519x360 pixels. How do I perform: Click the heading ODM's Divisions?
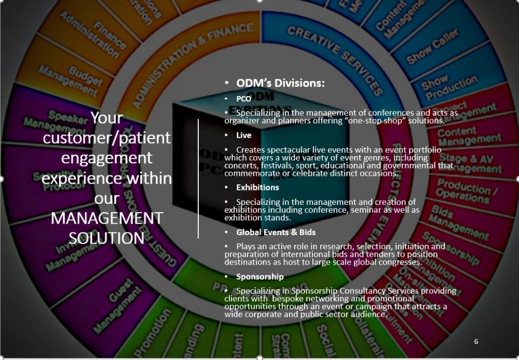coord(280,83)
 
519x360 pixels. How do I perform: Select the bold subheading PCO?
coord(243,99)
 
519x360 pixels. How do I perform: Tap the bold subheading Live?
coord(243,135)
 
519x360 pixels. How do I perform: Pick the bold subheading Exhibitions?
coord(257,187)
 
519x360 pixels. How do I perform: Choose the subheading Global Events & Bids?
coord(276,232)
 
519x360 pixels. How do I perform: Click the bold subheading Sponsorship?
coord(259,276)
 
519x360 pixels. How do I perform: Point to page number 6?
coord(476,341)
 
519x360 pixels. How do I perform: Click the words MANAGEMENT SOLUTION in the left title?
coord(107,228)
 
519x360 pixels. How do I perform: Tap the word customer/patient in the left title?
coord(107,137)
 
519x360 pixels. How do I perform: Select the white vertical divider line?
coord(198,178)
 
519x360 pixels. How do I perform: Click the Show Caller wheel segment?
coord(432,46)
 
